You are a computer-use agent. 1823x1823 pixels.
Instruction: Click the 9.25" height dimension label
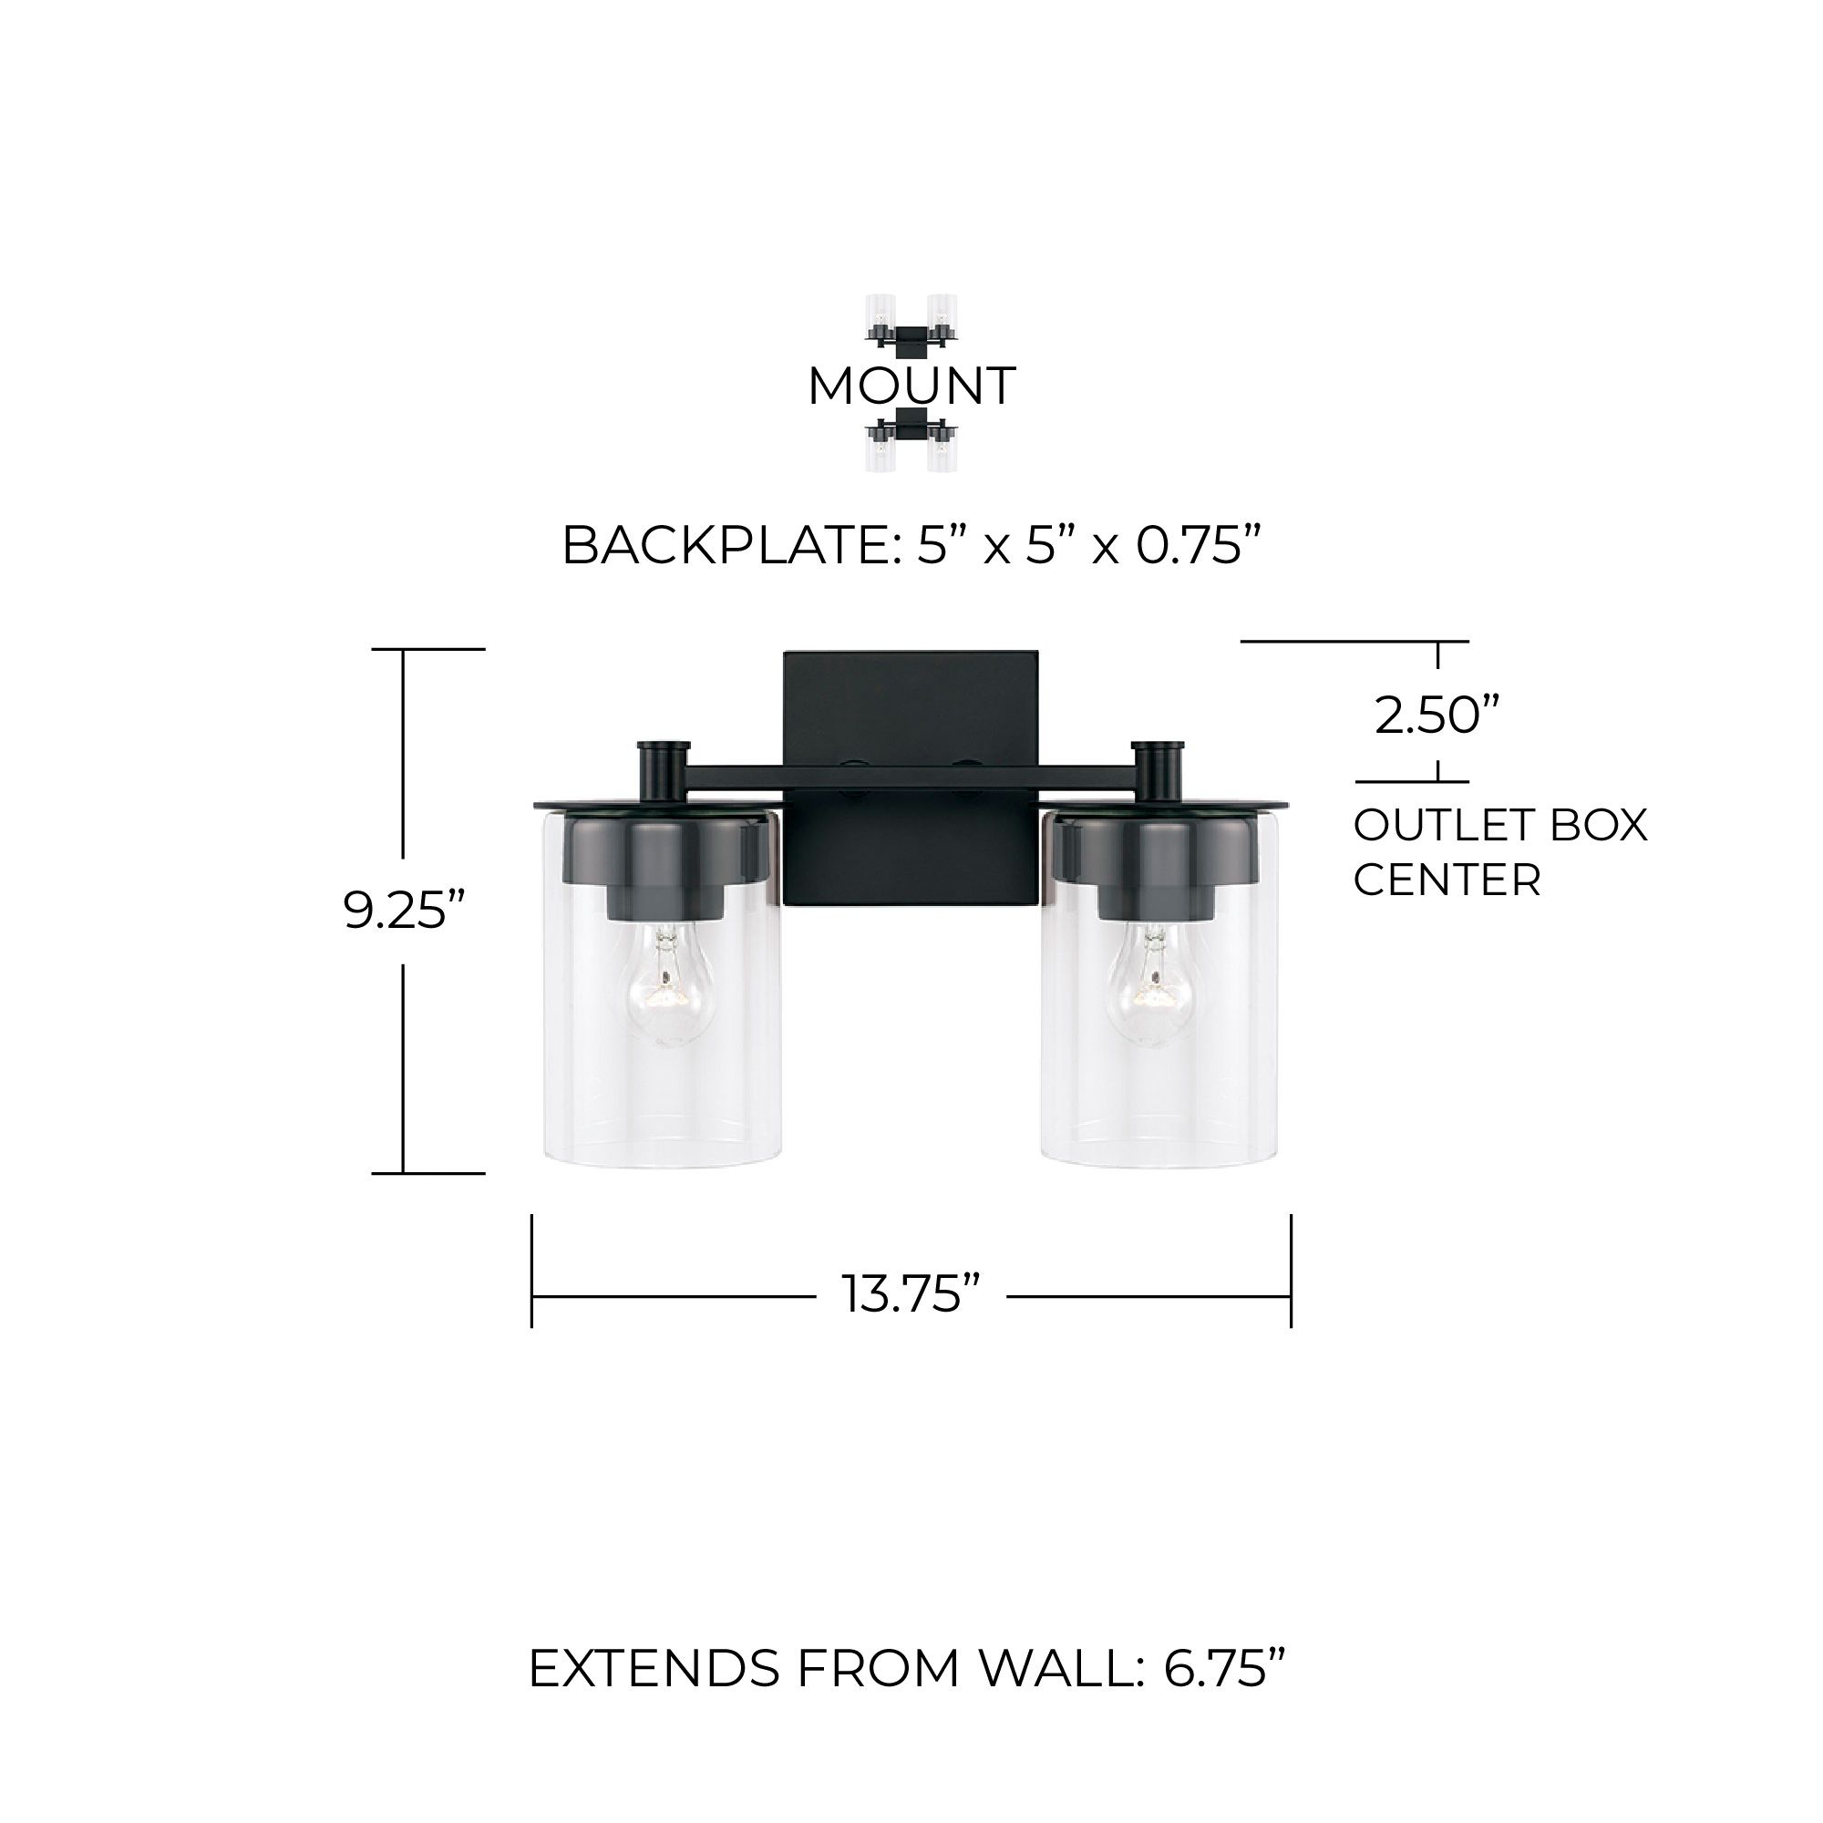click(405, 911)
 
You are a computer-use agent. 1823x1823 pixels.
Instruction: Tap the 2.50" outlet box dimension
click(1437, 715)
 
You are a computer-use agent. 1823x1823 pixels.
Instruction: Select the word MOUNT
click(911, 386)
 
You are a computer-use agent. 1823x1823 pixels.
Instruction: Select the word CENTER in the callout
click(1447, 881)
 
